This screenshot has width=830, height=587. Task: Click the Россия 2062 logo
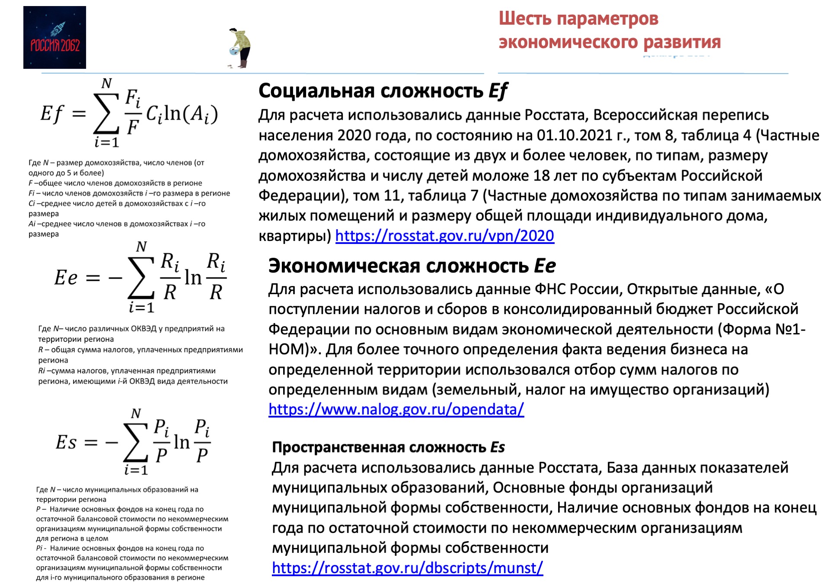click(54, 37)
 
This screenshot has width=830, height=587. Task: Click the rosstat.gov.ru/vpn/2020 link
click(444, 236)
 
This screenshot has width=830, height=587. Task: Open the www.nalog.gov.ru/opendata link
click(396, 409)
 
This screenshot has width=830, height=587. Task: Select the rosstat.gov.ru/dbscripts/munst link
click(407, 568)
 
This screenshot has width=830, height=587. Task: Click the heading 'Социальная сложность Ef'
click(383, 91)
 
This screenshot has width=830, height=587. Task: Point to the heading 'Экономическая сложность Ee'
click(412, 266)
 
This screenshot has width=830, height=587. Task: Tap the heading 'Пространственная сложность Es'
click(388, 447)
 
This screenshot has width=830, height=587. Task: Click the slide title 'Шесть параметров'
click(578, 19)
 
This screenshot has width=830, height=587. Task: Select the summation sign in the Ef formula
click(106, 113)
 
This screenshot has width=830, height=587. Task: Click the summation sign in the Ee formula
click(141, 277)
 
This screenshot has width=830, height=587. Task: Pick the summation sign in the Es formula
click(136, 442)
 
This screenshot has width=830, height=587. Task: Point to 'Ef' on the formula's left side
click(52, 114)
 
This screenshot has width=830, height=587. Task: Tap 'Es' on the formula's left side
click(66, 443)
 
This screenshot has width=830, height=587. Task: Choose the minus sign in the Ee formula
click(115, 278)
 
